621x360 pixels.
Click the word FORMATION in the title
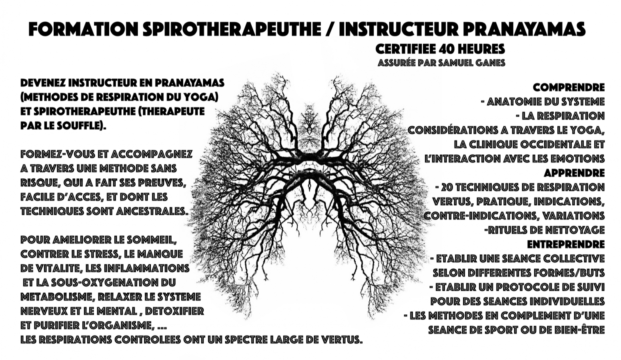coord(84,29)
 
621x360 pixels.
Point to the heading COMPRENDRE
coord(569,88)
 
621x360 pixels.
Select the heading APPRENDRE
coord(574,173)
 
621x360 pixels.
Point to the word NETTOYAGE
coord(575,230)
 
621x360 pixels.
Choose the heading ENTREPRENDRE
coord(566,244)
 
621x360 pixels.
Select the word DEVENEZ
coord(43,83)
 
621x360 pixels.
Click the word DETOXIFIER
coord(174,311)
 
